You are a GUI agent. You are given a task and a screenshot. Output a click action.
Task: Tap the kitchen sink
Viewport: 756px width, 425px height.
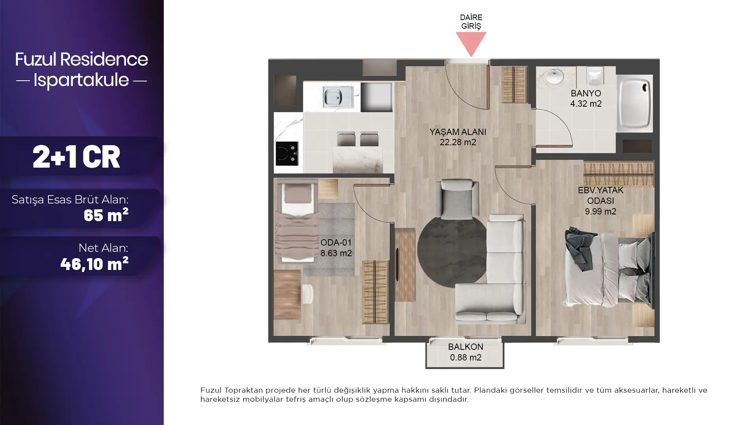[338, 97]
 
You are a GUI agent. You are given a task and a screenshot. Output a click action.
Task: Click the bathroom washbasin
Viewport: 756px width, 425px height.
[554, 77]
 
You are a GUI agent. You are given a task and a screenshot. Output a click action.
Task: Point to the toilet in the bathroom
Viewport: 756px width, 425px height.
[595, 76]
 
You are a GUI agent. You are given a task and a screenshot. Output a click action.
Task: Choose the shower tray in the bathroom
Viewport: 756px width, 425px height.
[634, 103]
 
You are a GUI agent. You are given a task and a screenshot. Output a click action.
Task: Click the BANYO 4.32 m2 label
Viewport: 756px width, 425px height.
[586, 98]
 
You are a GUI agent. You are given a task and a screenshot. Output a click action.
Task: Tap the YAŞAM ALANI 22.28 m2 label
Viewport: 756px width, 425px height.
[458, 137]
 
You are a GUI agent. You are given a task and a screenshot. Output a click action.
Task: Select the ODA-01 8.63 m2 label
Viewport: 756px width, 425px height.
[336, 248]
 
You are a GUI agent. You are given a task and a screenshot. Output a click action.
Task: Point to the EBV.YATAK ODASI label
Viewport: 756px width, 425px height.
[600, 201]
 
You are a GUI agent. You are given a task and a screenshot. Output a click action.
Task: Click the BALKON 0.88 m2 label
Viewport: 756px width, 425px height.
[465, 352]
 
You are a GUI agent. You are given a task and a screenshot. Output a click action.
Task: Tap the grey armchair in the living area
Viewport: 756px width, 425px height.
[457, 199]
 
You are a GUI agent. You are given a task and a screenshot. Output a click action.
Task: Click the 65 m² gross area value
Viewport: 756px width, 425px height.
[106, 215]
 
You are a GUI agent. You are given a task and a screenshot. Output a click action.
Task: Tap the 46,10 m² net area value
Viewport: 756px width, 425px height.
[94, 264]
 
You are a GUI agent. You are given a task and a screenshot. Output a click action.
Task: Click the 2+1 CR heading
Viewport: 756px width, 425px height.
[76, 157]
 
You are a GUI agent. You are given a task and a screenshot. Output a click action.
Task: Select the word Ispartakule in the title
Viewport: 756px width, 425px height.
[81, 80]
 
